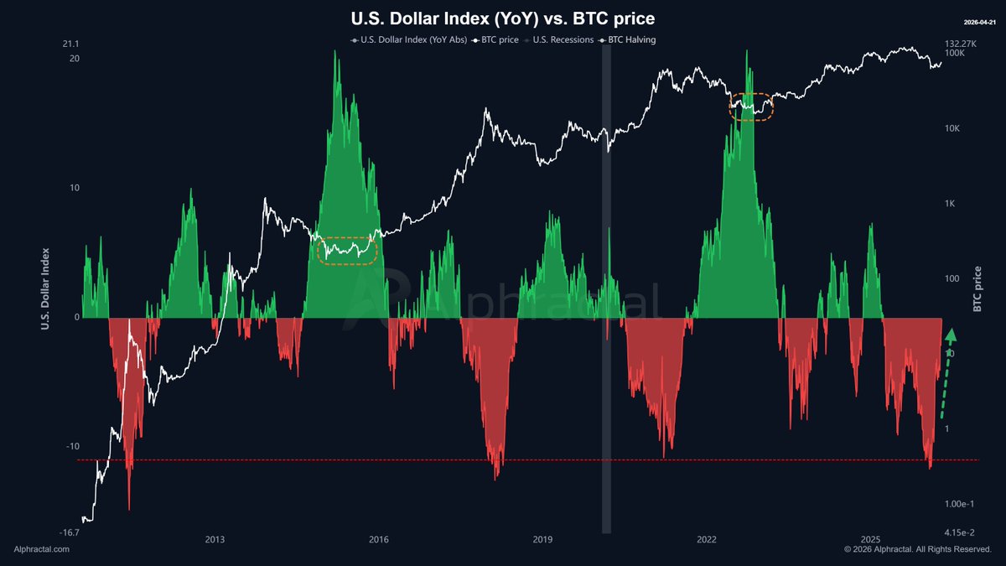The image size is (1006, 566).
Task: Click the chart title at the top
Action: pyautogui.click(x=502, y=18)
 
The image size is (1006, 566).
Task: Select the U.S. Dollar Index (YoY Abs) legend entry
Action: pyautogui.click(x=406, y=39)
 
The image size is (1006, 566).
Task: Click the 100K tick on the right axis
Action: pyautogui.click(x=955, y=53)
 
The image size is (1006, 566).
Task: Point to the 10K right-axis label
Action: pyautogui.click(x=953, y=128)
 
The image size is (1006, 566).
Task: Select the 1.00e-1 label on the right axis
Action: pyautogui.click(x=961, y=504)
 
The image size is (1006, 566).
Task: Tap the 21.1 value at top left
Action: pyautogui.click(x=70, y=44)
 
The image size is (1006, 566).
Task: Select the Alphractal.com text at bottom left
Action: pyautogui.click(x=42, y=549)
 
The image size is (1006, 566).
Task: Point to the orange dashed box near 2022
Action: pyautogui.click(x=751, y=106)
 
